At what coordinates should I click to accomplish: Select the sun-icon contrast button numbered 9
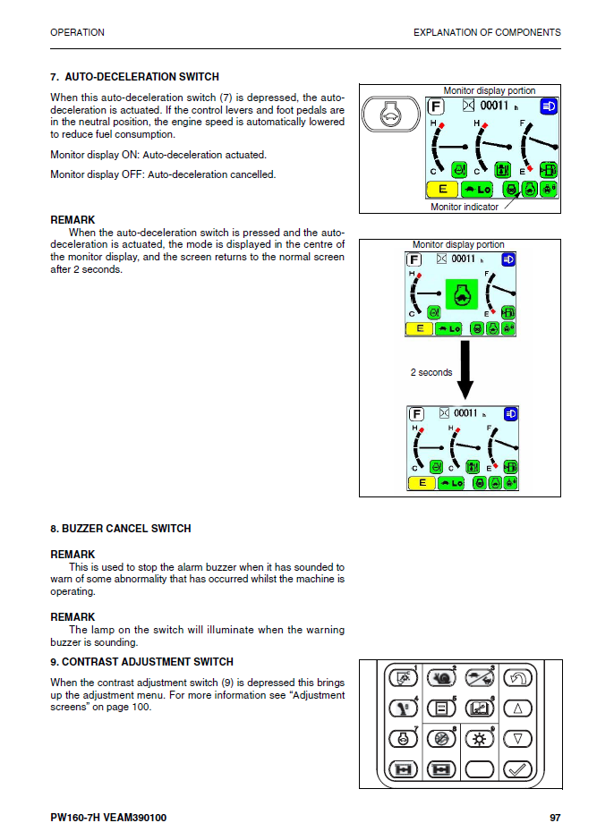tap(480, 739)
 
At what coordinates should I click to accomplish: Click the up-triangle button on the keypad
tap(518, 709)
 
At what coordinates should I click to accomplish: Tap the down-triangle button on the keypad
tap(518, 739)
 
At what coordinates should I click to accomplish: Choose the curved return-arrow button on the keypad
tap(518, 678)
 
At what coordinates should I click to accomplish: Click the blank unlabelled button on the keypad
tap(480, 769)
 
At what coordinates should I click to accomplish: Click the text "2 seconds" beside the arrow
tap(431, 372)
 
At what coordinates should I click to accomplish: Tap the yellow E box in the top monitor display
tap(442, 189)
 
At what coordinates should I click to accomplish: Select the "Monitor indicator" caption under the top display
tap(465, 208)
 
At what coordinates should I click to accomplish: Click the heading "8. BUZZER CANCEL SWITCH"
tap(121, 529)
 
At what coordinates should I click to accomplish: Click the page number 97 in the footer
tap(555, 818)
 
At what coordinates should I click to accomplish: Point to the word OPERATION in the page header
tap(77, 32)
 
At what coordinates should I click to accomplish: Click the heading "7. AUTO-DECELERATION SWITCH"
tap(134, 77)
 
